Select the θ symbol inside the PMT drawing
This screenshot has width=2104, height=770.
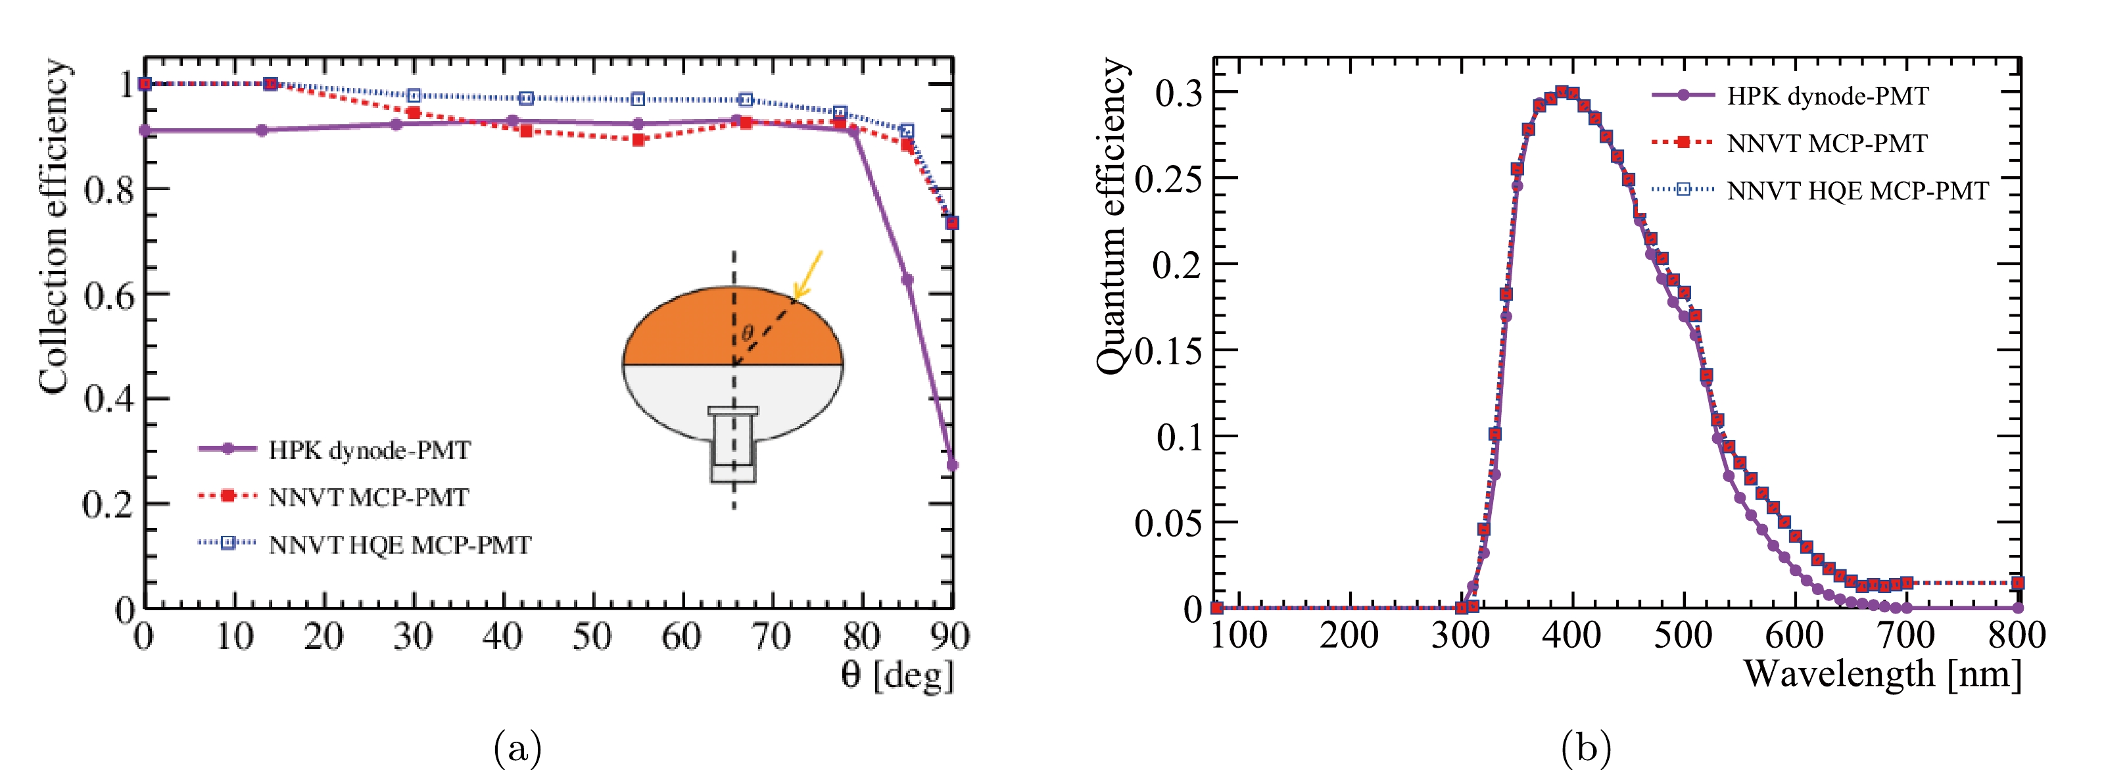coord(746,333)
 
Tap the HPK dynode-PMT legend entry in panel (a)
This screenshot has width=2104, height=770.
coord(335,450)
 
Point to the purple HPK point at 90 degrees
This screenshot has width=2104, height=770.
coord(952,466)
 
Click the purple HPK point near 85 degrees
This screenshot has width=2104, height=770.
coord(907,279)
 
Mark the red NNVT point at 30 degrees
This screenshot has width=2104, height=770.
coord(414,112)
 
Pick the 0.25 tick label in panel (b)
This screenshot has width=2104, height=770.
coord(1168,180)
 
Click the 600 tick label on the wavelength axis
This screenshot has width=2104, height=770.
coord(1794,635)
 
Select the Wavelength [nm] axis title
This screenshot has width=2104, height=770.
coord(1882,675)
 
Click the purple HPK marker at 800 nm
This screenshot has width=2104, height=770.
coord(2017,608)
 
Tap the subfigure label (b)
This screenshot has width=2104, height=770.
coord(1585,747)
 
